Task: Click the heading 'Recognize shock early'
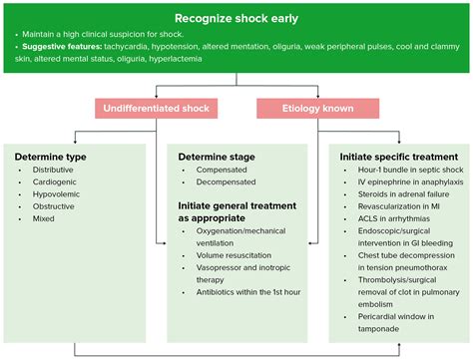[x=236, y=19]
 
